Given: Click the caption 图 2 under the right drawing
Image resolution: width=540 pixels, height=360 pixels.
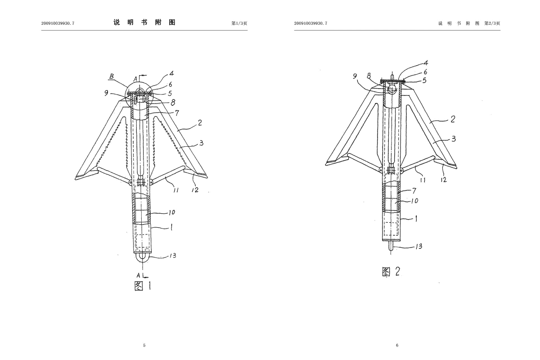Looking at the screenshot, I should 391,271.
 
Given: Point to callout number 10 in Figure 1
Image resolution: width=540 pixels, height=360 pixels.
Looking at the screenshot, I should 171,212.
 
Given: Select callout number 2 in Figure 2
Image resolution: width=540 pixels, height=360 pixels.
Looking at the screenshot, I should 453,119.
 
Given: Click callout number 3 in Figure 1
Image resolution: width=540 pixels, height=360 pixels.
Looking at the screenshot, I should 201,143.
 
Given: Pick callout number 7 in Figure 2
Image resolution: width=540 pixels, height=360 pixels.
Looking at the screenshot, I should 414,191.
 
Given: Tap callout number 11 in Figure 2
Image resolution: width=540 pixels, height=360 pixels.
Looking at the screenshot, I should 423,180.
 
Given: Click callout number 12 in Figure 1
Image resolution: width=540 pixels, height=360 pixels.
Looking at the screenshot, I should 194,190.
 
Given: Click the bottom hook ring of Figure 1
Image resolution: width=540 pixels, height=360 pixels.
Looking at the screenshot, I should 142,256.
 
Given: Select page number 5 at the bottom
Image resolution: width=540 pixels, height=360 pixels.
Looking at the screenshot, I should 144,345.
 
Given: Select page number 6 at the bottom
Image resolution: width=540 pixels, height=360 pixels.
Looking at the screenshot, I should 397,345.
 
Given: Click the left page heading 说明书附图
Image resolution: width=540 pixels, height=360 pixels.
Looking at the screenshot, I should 144,22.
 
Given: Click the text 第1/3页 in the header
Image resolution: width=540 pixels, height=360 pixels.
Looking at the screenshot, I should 239,23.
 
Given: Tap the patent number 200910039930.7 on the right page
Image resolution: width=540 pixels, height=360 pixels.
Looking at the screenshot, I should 310,23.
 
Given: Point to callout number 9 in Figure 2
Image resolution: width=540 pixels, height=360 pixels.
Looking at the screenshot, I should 355,77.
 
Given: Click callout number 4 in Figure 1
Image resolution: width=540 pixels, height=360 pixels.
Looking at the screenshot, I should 171,73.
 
